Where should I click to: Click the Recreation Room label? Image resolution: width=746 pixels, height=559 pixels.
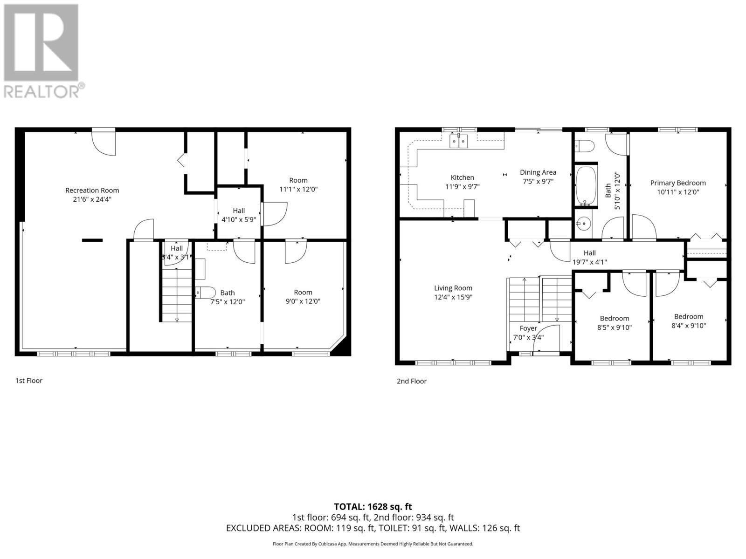92,190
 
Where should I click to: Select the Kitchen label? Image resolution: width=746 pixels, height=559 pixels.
462,177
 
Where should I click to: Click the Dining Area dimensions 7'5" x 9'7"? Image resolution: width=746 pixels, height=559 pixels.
538,181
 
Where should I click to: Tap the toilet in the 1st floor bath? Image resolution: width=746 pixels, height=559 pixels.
206,293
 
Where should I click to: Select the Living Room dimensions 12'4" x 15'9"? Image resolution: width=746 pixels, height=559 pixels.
453,297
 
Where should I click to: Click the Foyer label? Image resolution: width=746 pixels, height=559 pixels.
528,328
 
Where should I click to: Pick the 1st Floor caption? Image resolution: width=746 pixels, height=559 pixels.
29,381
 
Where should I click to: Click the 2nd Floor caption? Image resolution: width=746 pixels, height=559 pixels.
411,381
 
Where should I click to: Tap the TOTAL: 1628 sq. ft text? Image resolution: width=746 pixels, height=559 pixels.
373,506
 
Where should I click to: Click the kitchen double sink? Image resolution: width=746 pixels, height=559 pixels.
458,141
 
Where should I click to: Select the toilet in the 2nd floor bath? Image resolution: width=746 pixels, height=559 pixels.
585,146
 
